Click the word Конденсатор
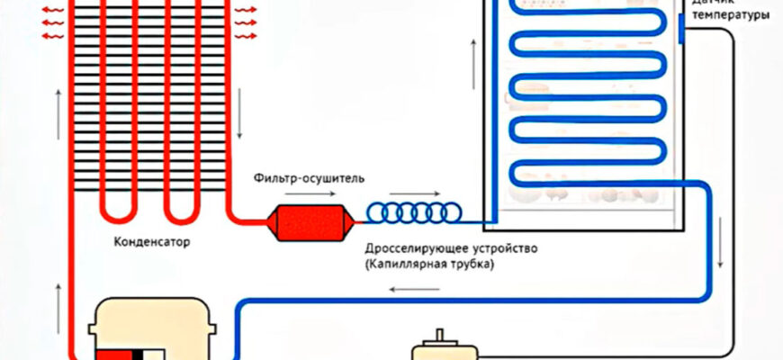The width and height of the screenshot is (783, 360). click(x=153, y=242)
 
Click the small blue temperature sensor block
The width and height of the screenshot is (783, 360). click(x=681, y=32)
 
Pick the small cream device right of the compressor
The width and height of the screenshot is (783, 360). click(x=441, y=346)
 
